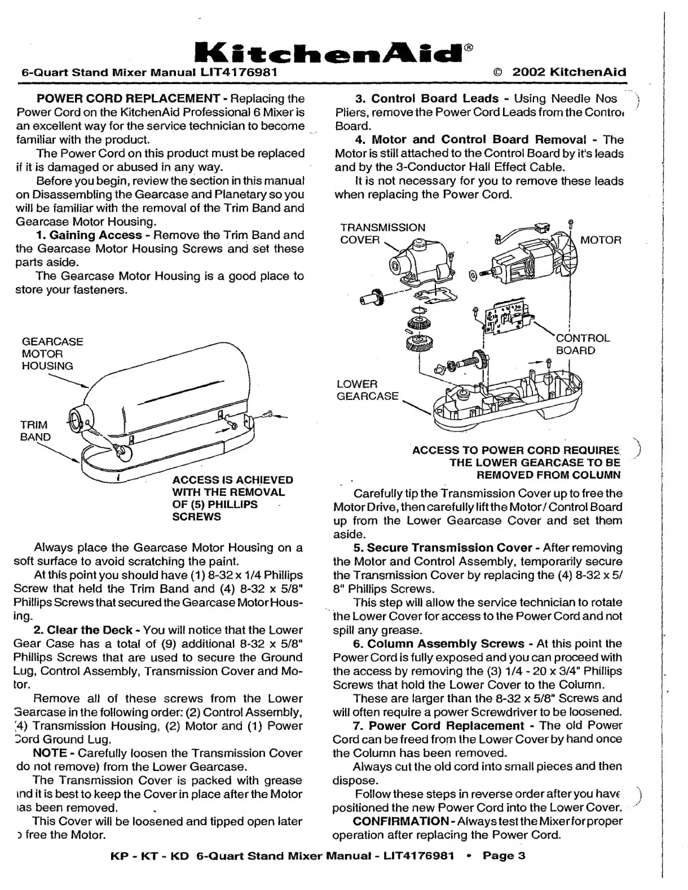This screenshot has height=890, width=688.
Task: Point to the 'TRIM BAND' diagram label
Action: (x=34, y=430)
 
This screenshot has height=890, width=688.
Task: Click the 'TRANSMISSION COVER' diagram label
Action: (x=382, y=233)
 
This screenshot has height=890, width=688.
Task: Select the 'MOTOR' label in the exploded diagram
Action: (x=601, y=240)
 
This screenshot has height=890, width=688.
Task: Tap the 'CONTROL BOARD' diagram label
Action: (x=583, y=344)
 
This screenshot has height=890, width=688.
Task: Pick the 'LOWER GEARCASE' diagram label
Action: (x=367, y=390)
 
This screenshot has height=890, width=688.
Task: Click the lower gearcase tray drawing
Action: (x=508, y=398)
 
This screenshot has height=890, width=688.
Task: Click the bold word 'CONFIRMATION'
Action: (x=400, y=821)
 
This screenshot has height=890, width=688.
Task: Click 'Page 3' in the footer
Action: (x=504, y=856)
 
